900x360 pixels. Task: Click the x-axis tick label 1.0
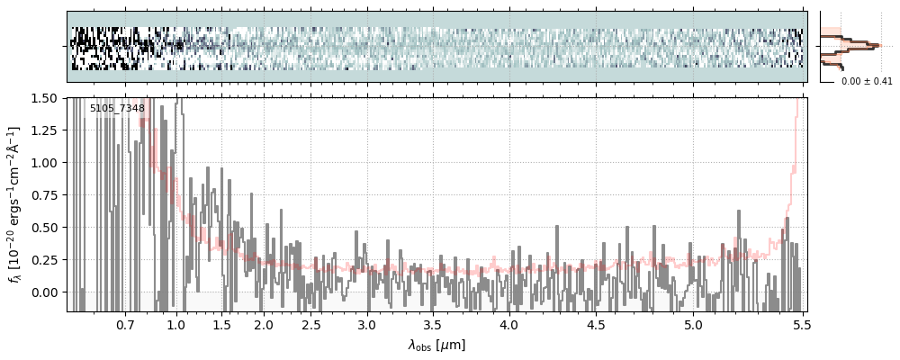[x=176, y=323]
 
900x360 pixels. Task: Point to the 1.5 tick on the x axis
[x=221, y=323]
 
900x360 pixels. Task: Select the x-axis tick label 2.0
[x=264, y=323]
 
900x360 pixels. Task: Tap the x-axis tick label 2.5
[x=310, y=323]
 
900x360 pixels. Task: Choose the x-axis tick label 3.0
[x=366, y=323]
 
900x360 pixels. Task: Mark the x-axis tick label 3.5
[x=433, y=323]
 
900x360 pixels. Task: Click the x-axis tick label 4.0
[x=508, y=323]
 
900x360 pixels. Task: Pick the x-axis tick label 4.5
[x=597, y=323]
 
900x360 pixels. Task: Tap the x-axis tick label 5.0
[x=693, y=323]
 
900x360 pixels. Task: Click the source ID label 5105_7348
[x=117, y=109]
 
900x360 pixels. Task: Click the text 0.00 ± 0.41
[x=867, y=82]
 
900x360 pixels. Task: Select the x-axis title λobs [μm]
[x=436, y=345]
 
